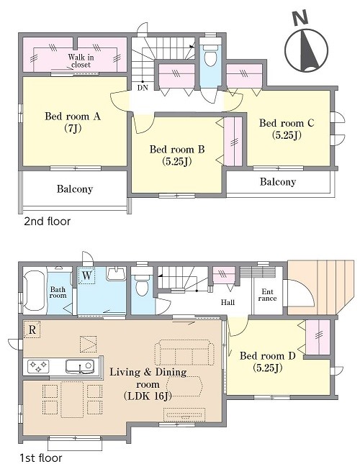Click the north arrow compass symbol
point(307,50)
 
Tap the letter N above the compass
point(300,19)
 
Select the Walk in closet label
point(79,60)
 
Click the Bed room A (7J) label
point(73,122)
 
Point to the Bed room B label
point(177,149)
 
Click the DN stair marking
point(143,88)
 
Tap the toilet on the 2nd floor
point(210,55)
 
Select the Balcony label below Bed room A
point(75,188)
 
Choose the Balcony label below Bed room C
point(278,181)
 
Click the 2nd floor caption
point(48,222)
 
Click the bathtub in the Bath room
point(35,291)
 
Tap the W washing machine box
point(86,276)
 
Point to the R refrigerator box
point(32,329)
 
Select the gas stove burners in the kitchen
point(38,365)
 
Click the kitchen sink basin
point(80,367)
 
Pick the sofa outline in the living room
point(184,352)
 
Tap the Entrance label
point(267,296)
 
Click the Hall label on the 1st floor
point(228,302)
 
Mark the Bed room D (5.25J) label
point(268,361)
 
